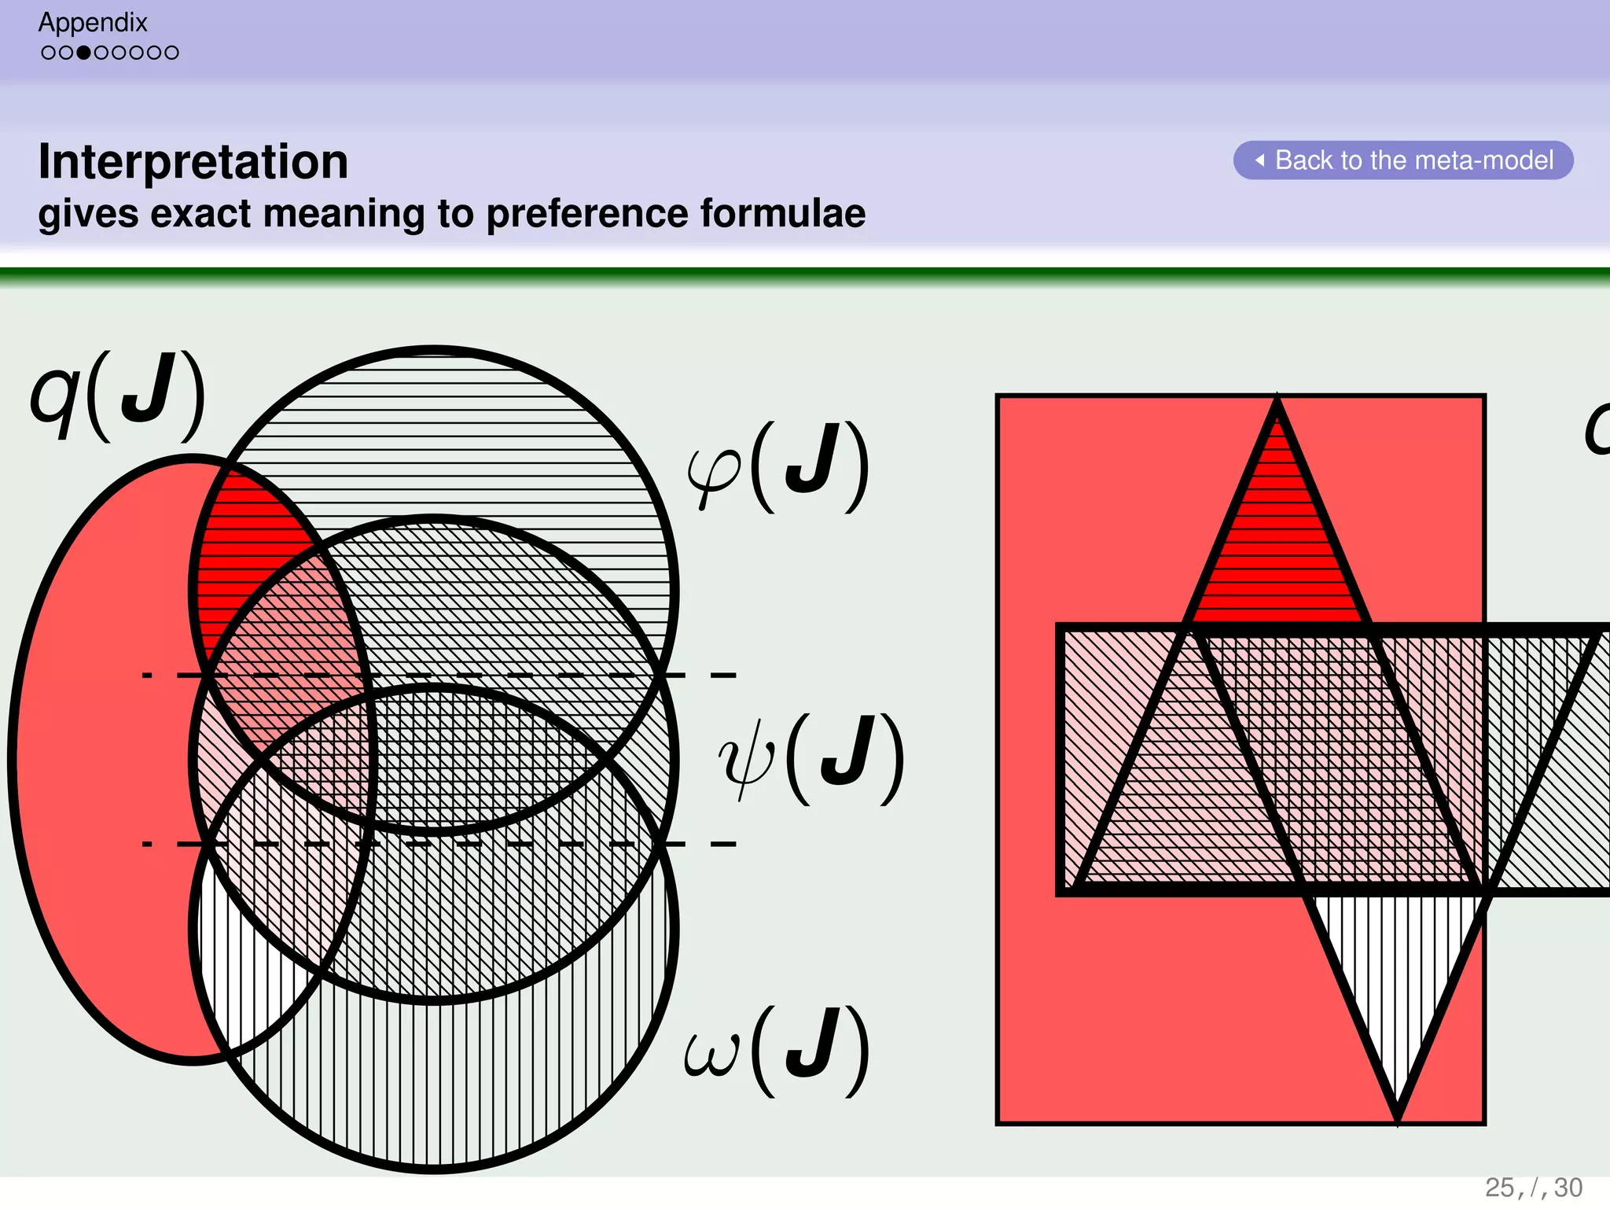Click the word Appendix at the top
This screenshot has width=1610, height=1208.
coord(93,22)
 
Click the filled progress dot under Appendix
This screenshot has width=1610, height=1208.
coord(83,53)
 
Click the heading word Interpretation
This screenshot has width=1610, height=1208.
coord(193,161)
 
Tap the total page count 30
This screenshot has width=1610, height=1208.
coord(1568,1187)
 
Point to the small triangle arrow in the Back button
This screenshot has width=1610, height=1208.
coord(1259,160)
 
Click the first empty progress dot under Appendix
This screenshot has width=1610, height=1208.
coord(49,53)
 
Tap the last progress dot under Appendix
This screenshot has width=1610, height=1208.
coord(171,53)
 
